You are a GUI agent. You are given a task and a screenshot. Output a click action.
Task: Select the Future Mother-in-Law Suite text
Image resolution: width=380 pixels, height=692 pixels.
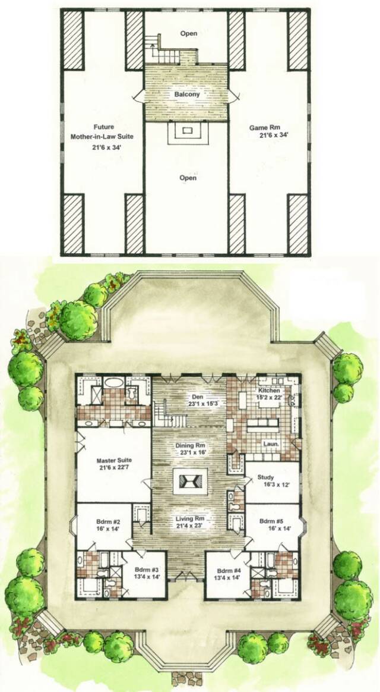(102, 132)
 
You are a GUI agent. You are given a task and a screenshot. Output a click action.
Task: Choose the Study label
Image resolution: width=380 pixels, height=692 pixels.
(266, 477)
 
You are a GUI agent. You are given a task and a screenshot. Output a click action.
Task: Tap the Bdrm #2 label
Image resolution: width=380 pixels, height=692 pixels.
(105, 520)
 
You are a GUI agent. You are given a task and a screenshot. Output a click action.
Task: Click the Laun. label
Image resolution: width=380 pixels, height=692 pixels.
(270, 443)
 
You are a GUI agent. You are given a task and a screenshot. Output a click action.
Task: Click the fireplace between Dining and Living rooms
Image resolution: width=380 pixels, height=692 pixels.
(190, 481)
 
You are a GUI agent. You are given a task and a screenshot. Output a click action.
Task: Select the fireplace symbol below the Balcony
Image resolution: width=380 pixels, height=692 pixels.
(188, 131)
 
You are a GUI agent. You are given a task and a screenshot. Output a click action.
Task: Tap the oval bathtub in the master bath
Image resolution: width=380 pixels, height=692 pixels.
(114, 382)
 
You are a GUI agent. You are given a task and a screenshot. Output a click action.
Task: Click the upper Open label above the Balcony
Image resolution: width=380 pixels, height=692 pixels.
(188, 33)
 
